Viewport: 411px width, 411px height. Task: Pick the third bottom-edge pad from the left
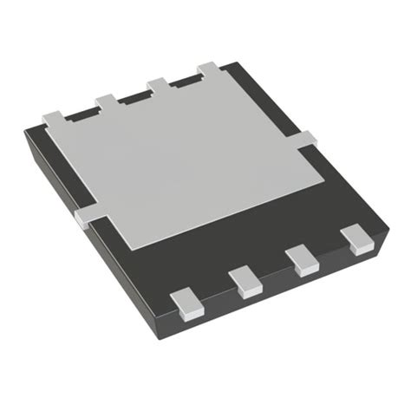(302, 258)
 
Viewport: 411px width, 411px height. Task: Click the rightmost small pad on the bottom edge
(355, 238)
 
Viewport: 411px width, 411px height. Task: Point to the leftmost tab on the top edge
(54, 115)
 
